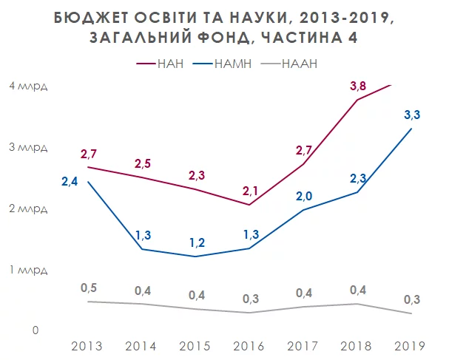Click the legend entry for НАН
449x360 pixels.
click(162, 64)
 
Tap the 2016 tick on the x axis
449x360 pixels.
click(249, 346)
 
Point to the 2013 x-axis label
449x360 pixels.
click(87, 346)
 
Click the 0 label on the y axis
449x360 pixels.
click(34, 330)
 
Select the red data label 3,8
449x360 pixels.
click(359, 88)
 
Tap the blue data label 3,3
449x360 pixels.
click(413, 115)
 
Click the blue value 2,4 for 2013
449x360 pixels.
click(70, 181)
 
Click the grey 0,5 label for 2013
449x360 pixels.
click(88, 287)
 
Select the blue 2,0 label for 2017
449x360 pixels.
click(303, 196)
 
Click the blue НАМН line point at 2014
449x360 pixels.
click(141, 249)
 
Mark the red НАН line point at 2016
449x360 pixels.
click(249, 205)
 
